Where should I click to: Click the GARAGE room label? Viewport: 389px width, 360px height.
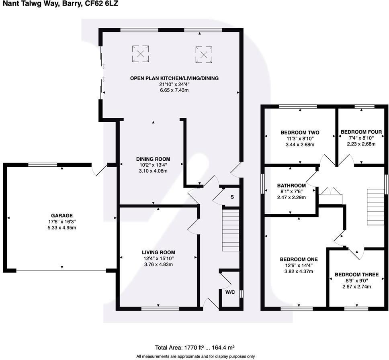61,215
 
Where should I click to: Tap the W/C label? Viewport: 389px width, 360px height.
230,292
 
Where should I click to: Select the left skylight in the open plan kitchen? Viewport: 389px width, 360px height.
141,54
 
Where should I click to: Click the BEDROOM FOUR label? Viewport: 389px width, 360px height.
361,132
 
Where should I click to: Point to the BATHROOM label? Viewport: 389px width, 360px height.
291,185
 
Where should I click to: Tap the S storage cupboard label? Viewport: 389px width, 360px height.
232,197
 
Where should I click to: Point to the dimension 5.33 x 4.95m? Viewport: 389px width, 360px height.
61,227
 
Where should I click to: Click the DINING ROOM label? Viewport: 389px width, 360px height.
153,159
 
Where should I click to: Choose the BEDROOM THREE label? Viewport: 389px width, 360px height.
356,275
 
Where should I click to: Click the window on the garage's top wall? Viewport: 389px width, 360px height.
43,164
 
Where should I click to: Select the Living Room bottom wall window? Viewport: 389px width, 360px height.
160,309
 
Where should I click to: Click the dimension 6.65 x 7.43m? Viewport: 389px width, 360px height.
174,90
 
